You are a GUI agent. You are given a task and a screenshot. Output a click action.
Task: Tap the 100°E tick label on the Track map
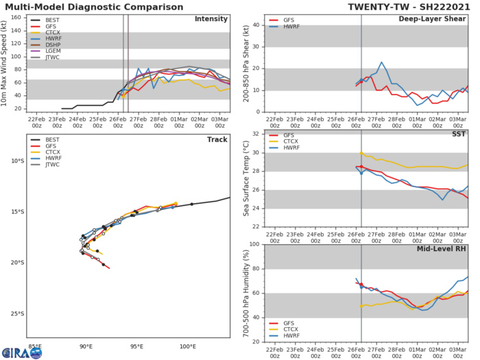tap(188, 347)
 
